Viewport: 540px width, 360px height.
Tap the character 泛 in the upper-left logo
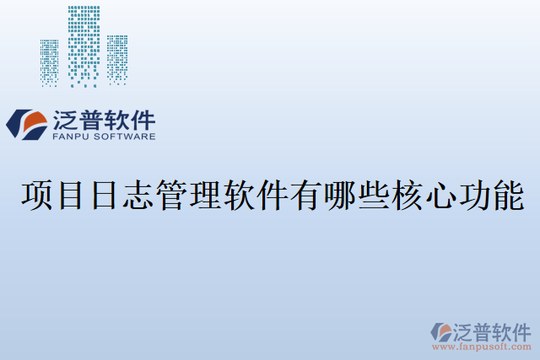click(67, 119)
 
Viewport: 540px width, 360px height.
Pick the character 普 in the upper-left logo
click(96, 119)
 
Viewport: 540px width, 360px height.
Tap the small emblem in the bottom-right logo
click(440, 331)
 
